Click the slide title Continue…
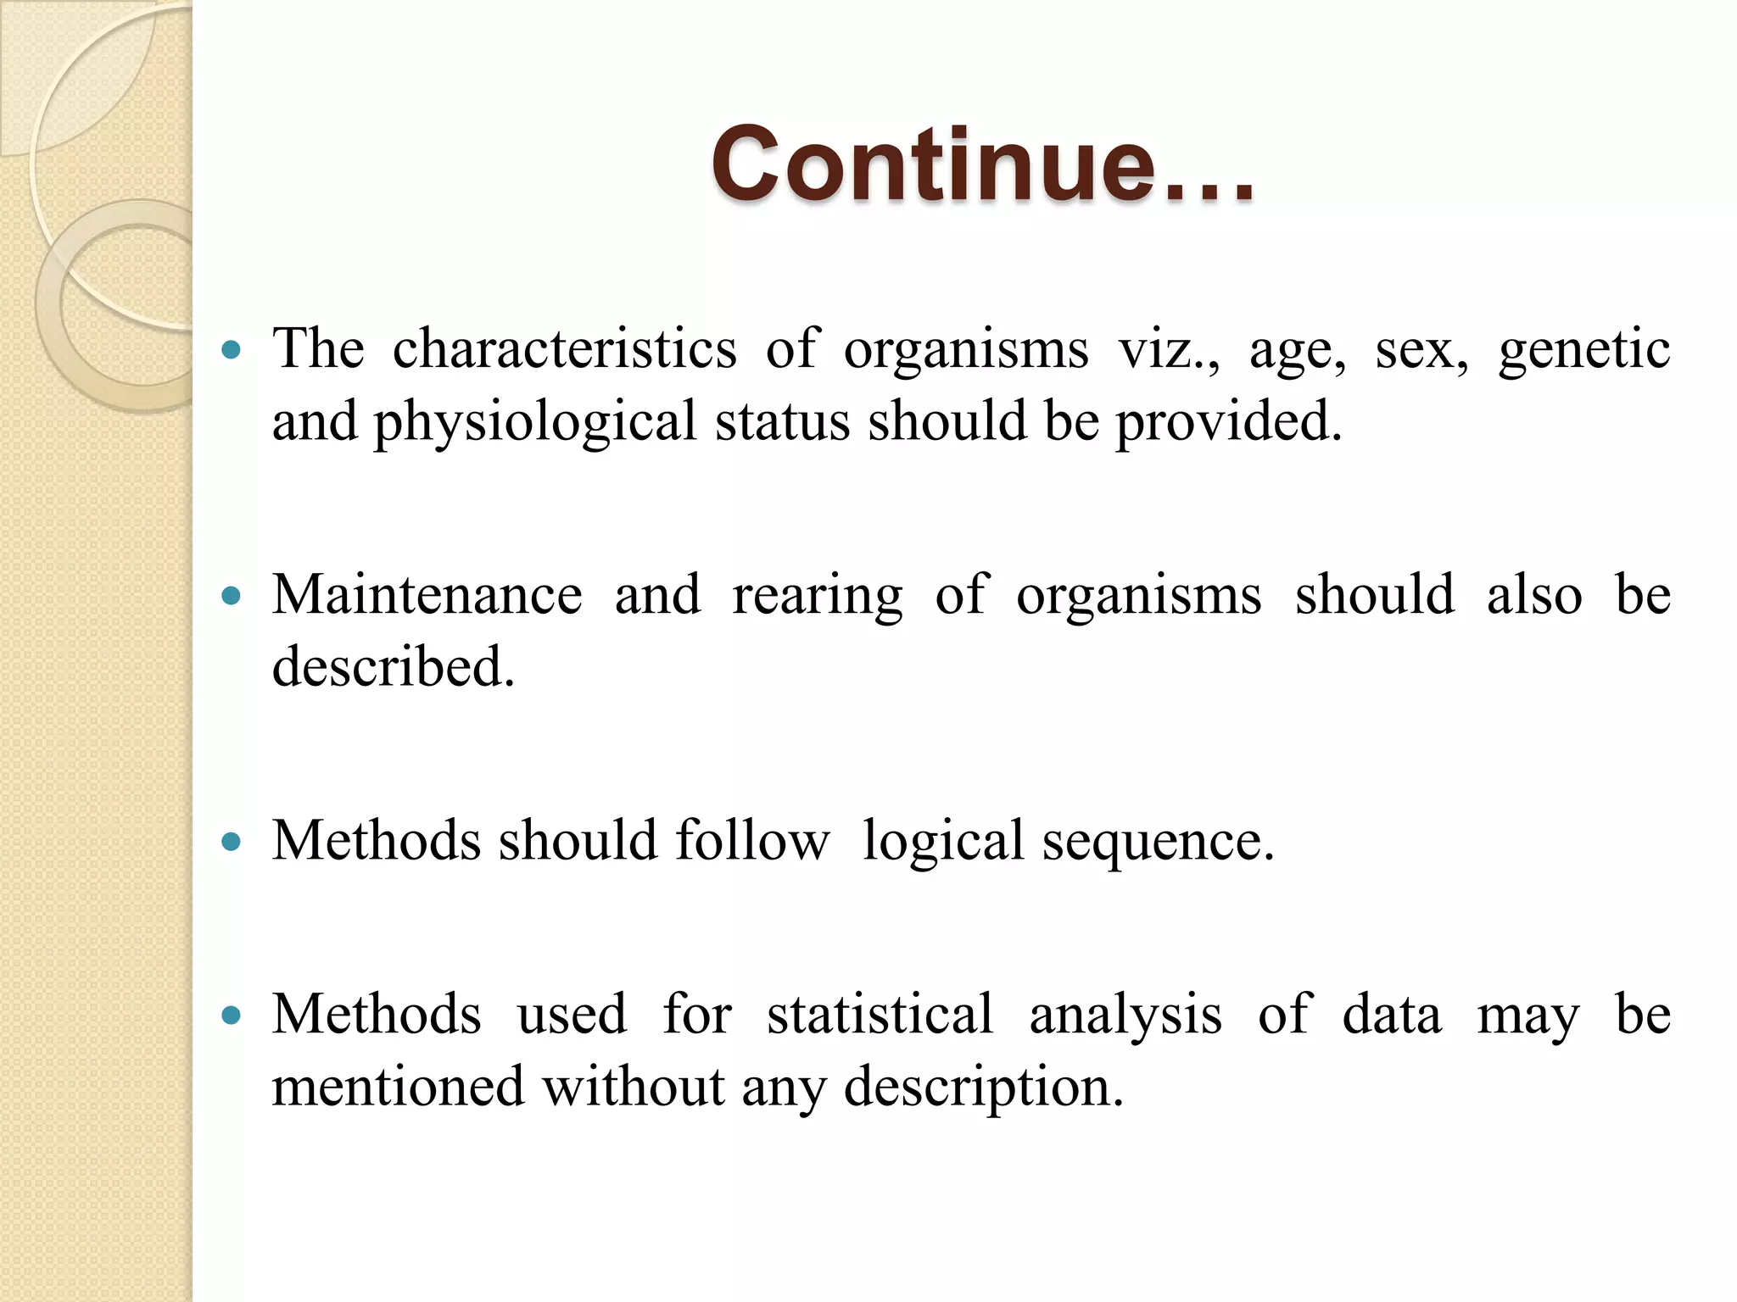(982, 164)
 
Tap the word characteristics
(564, 348)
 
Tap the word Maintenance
(427, 594)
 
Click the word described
(393, 667)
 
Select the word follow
(751, 841)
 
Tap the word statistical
(879, 1014)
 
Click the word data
(1391, 1014)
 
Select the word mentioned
(398, 1087)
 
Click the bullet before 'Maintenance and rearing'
(231, 597)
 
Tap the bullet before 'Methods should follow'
(231, 843)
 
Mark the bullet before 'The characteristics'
(231, 349)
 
